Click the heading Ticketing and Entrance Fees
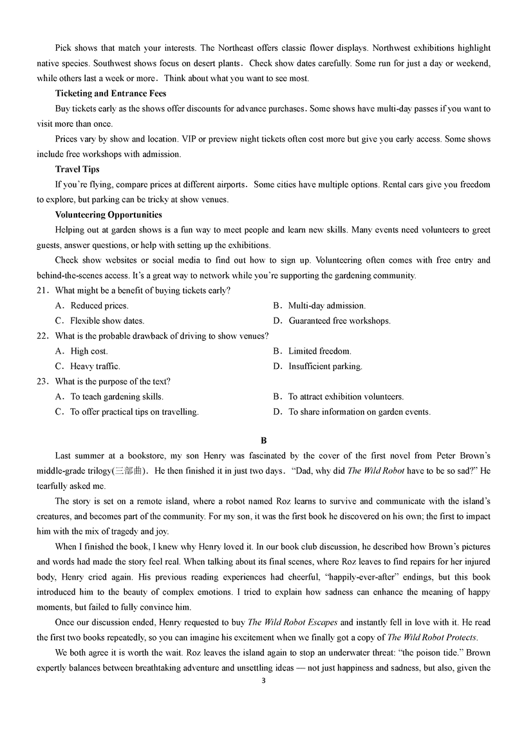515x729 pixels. coord(111,93)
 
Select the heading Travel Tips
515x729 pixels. coord(77,169)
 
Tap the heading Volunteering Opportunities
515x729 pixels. coord(109,214)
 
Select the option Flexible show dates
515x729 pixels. coord(107,321)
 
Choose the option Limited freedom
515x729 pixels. coord(319,352)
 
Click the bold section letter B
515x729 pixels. coord(263,440)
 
